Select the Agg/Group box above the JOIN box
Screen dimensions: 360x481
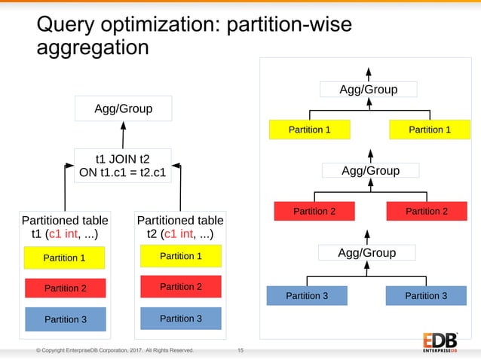coord(123,109)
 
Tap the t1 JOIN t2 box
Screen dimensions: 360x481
coord(122,165)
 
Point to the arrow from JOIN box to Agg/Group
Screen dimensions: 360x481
coord(123,135)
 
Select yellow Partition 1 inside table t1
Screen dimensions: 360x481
coord(64,258)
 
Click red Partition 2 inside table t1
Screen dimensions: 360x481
coord(65,288)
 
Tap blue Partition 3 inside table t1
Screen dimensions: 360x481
coord(65,319)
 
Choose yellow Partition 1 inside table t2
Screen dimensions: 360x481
coord(180,256)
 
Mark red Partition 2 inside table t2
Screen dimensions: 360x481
coord(180,286)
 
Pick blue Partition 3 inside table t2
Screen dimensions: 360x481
coord(180,319)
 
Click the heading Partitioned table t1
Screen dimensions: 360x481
coord(65,227)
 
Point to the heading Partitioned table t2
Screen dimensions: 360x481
coord(180,227)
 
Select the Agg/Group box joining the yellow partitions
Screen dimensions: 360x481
coord(368,90)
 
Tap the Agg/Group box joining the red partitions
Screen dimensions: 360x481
coord(370,170)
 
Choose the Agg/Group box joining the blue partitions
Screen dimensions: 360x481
coord(366,252)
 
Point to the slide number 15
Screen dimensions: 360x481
coord(240,350)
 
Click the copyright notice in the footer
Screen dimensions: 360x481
coord(115,350)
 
